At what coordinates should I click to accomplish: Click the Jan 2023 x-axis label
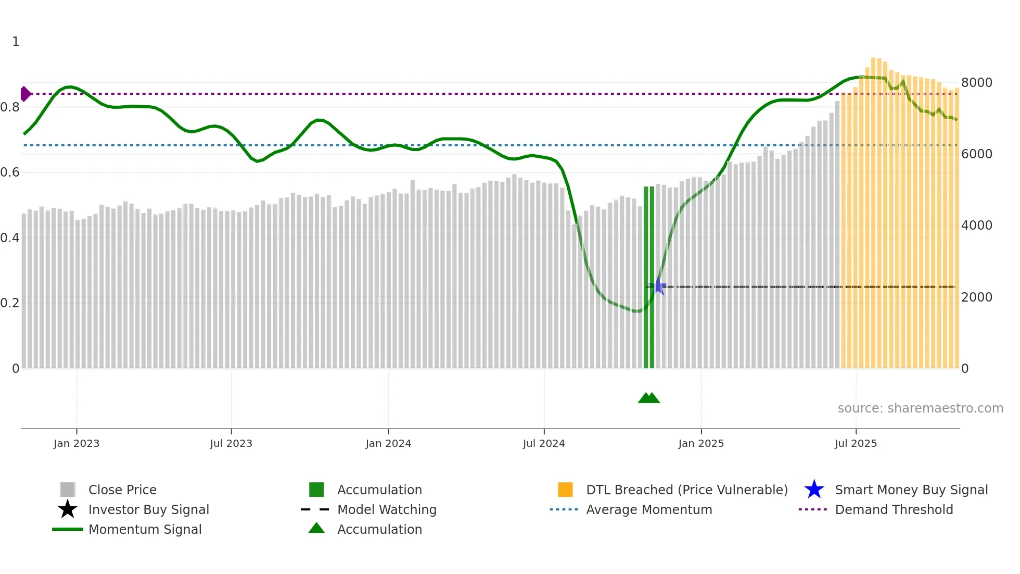point(76,443)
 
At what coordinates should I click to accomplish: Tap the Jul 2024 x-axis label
point(544,443)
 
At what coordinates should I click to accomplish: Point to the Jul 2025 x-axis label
point(856,443)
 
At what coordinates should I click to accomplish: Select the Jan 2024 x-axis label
point(388,443)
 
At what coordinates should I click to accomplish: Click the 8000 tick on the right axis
point(976,83)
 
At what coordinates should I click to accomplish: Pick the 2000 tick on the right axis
point(976,297)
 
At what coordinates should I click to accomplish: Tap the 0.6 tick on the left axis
point(9,172)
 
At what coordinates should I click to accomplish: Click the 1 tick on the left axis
point(16,42)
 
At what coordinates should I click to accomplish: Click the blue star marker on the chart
point(659,286)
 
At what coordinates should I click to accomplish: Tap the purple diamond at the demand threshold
point(25,94)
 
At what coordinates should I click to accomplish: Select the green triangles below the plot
point(648,398)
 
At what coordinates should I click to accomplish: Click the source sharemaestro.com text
point(920,408)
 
